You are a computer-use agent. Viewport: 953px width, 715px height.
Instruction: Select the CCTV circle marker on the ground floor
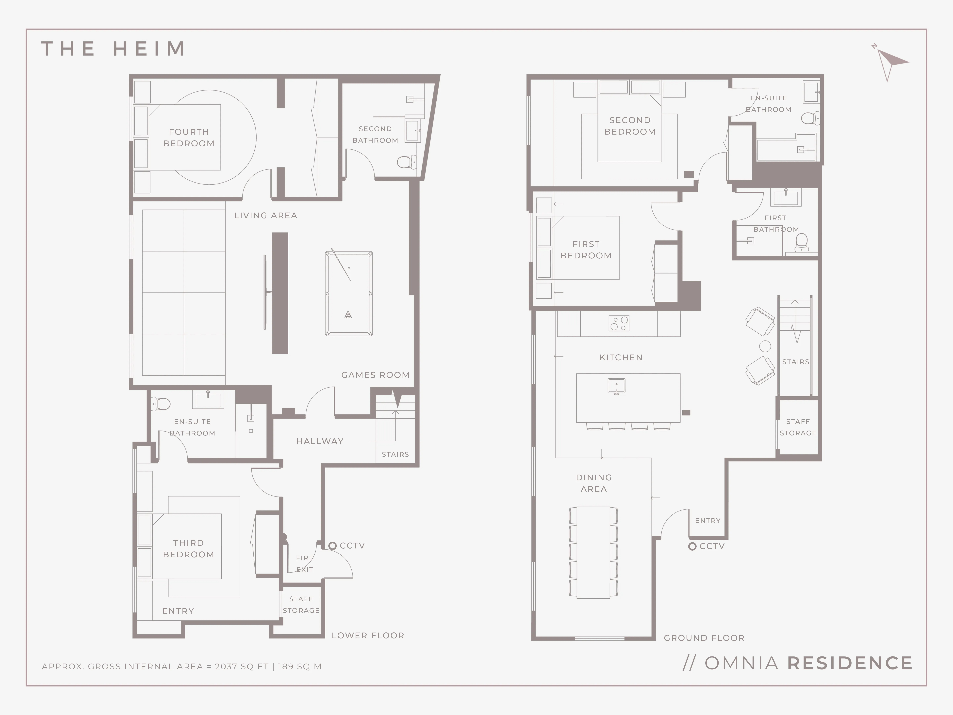tap(692, 546)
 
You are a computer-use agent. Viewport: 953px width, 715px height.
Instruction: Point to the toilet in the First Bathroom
tap(801, 243)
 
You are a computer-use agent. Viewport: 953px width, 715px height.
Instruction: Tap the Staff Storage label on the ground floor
tap(798, 427)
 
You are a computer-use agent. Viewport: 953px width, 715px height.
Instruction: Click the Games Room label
tap(375, 375)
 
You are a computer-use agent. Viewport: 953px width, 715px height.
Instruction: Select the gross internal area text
tap(182, 666)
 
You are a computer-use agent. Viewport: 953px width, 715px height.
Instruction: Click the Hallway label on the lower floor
tap(320, 441)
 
